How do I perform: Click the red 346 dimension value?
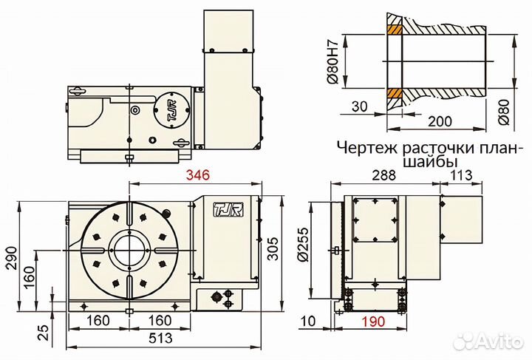(x=197, y=175)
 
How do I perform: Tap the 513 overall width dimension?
(x=163, y=339)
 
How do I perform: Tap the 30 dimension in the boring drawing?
(x=360, y=106)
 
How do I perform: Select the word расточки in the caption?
(x=423, y=146)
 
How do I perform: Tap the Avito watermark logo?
(x=488, y=341)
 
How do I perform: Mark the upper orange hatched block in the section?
(x=392, y=32)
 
